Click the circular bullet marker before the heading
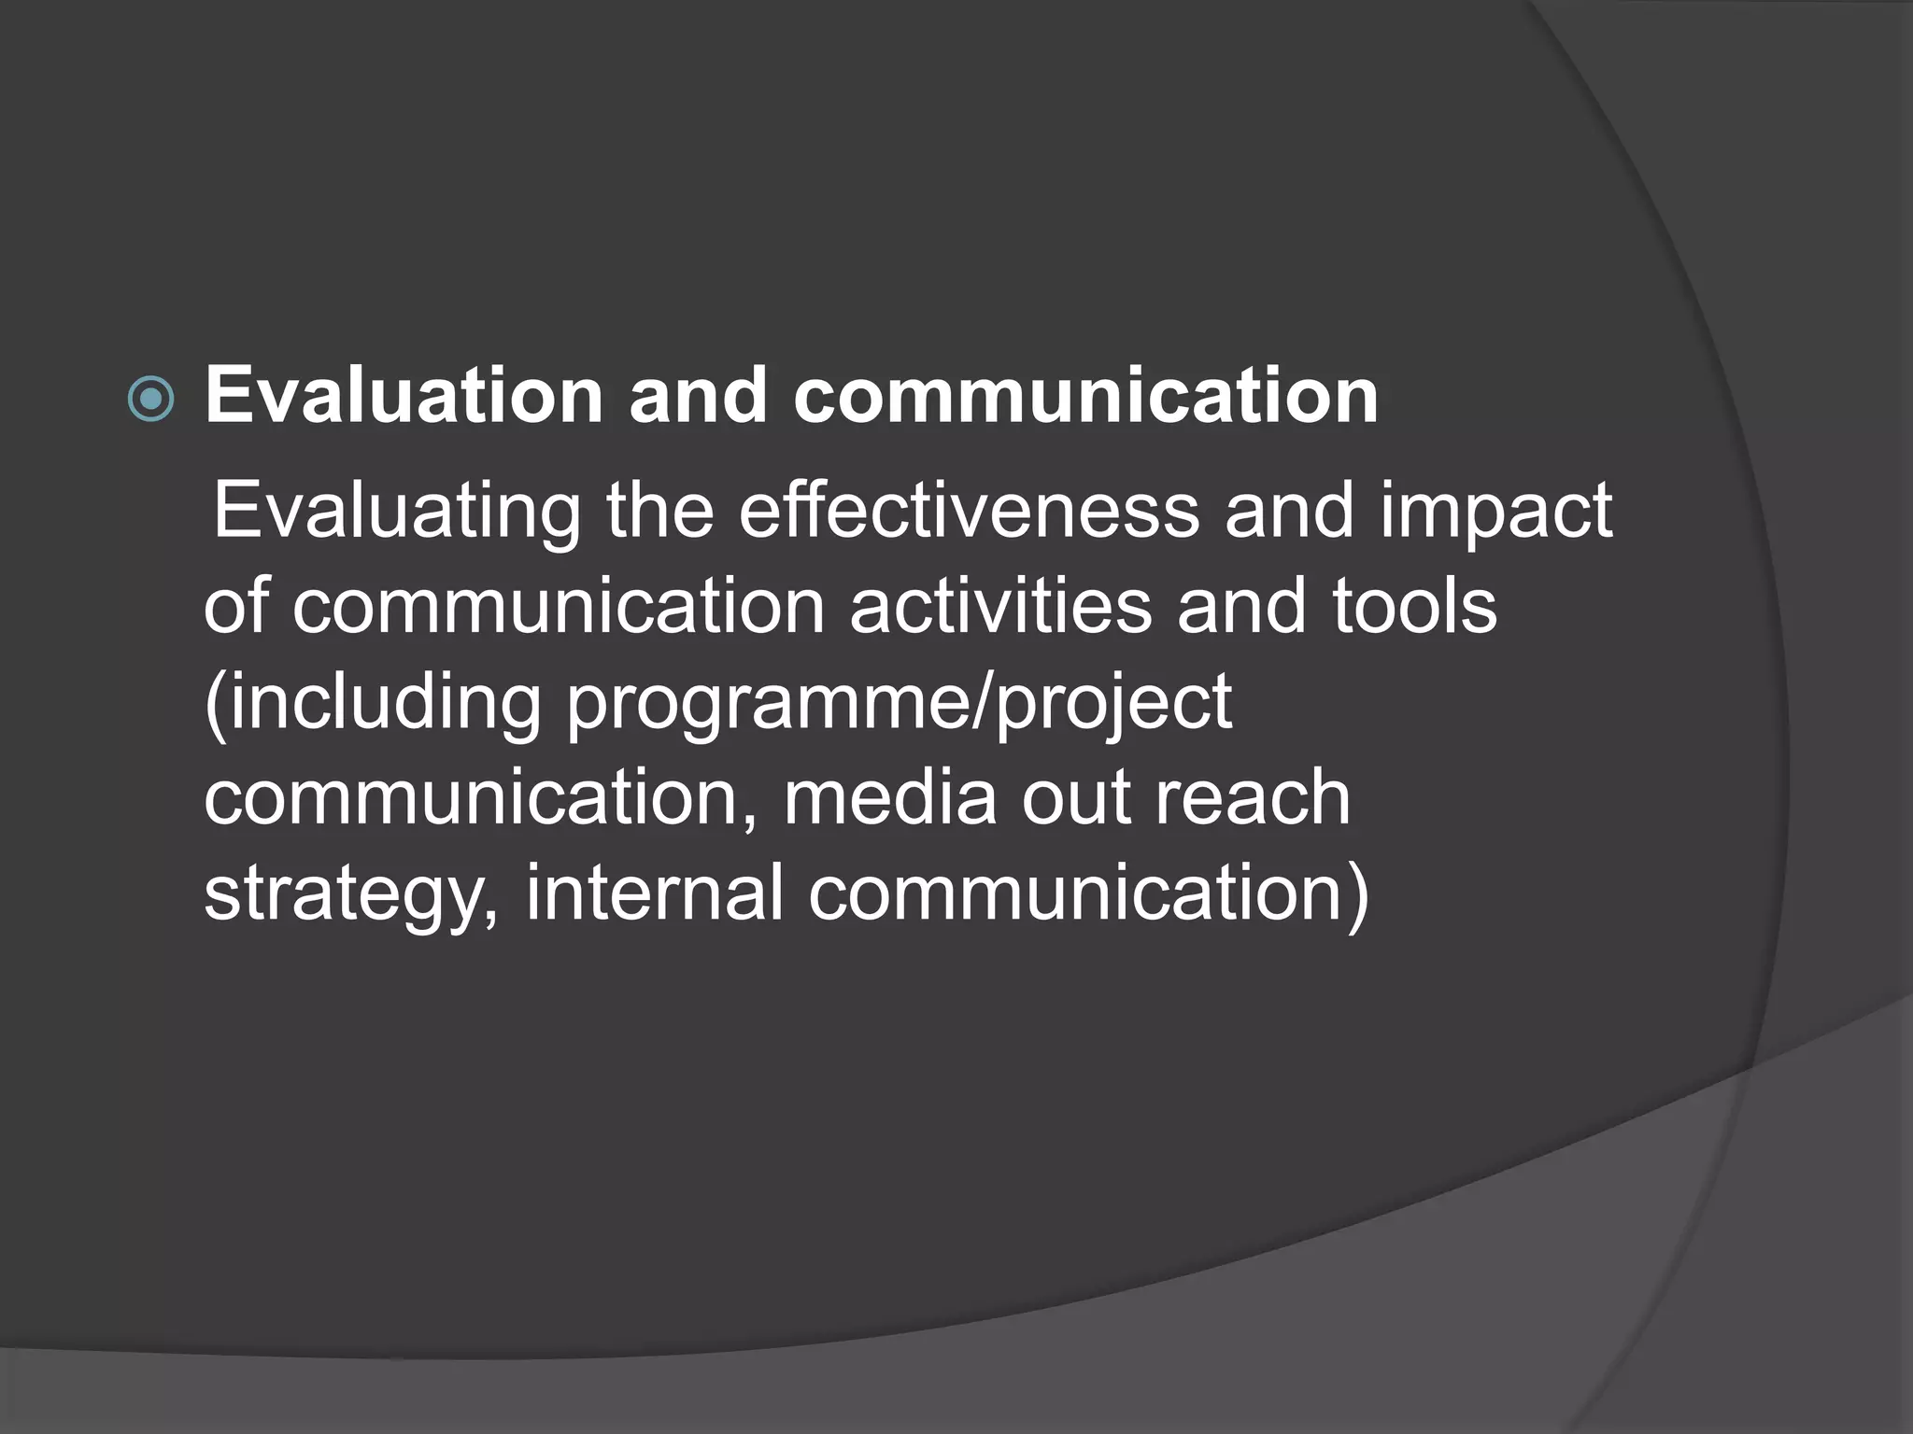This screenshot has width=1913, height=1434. pyautogui.click(x=150, y=399)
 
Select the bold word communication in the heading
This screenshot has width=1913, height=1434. pyautogui.click(x=1085, y=396)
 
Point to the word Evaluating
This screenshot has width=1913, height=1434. pyautogui.click(x=397, y=513)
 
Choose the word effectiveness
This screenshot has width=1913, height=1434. pyautogui.click(x=969, y=511)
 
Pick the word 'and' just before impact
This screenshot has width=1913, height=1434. pyautogui.click(x=1289, y=511)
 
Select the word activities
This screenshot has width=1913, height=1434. pyautogui.click(x=1000, y=606)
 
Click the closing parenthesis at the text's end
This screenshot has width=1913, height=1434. pyautogui.click(x=1357, y=894)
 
